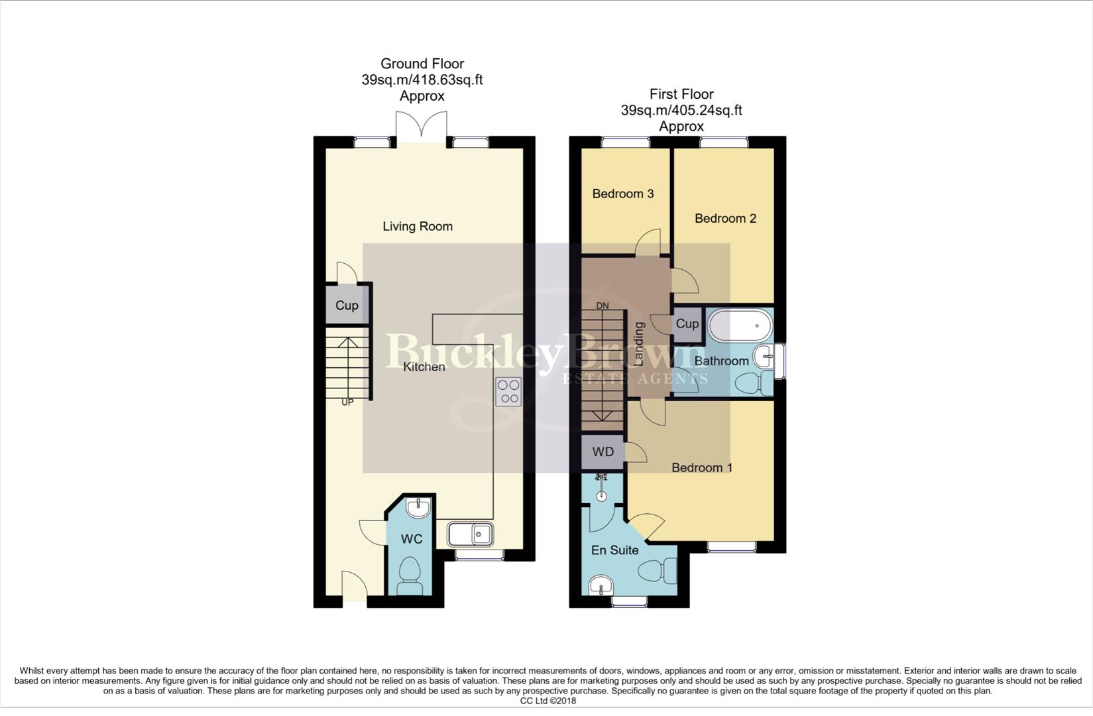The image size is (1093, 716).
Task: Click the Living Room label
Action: tap(418, 226)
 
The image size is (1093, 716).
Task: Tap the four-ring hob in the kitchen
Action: tap(508, 391)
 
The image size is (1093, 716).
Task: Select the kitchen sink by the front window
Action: tap(470, 534)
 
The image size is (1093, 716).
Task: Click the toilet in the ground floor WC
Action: tap(410, 577)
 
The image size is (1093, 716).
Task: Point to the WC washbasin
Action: tap(418, 508)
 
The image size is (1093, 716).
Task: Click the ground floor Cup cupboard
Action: tap(347, 305)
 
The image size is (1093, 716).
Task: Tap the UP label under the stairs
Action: tap(347, 402)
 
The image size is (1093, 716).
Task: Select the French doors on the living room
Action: tap(422, 126)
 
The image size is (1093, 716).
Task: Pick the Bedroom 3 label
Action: tap(622, 194)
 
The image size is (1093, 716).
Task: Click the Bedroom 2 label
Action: tap(725, 218)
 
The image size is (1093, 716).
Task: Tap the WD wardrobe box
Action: tap(603, 452)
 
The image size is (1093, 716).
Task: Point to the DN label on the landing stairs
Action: tap(603, 306)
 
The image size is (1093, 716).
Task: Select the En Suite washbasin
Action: tap(601, 585)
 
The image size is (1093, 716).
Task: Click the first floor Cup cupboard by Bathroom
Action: tap(687, 324)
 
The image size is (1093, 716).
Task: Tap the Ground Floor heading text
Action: tap(422, 64)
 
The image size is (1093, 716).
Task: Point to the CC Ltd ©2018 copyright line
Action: tap(547, 701)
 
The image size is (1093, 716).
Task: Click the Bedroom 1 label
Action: tap(701, 467)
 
